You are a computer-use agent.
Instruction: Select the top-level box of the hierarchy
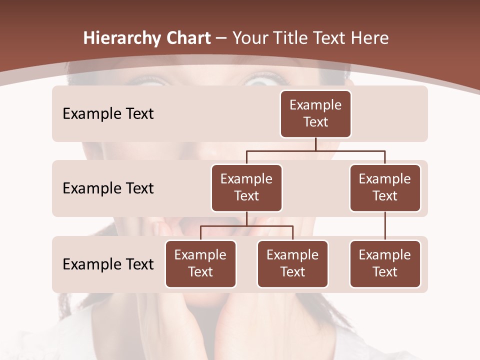tap(315, 113)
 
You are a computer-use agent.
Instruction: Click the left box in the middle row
tap(246, 187)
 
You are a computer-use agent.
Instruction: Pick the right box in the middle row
tap(385, 187)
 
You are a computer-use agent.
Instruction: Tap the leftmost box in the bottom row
tap(200, 263)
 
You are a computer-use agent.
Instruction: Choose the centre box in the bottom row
tap(292, 263)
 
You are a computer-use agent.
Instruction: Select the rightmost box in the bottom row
tap(385, 263)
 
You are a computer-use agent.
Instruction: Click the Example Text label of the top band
tap(108, 114)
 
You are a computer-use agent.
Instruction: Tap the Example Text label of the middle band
tap(108, 188)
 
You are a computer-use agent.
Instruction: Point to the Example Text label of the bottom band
tap(108, 264)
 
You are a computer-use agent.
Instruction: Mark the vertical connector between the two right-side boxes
tap(385, 226)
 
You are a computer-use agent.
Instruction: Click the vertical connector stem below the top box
tap(315, 144)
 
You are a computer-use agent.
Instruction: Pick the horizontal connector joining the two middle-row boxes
tap(315, 150)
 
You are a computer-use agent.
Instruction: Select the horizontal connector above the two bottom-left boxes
tap(246, 226)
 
